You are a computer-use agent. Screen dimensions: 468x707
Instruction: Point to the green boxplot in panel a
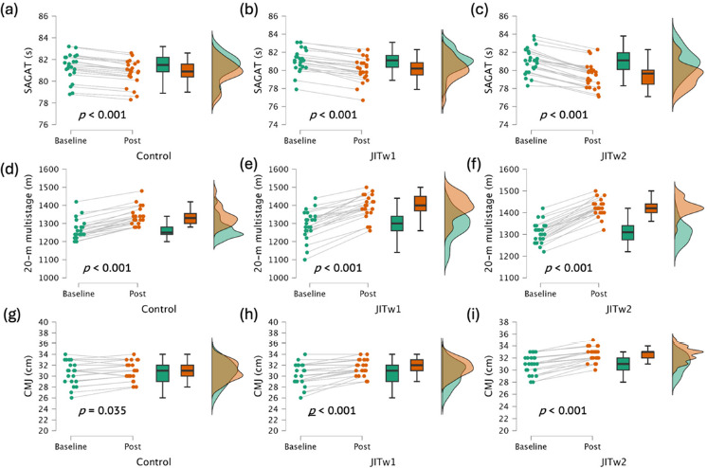(163, 64)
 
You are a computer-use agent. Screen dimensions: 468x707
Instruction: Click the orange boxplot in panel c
(646, 77)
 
